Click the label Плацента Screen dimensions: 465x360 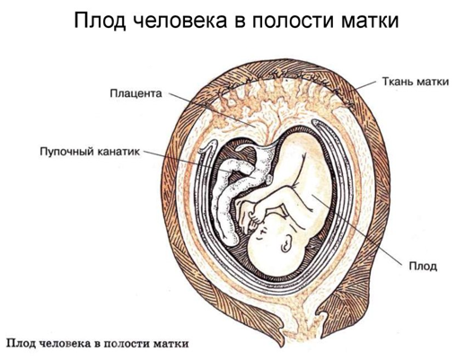coord(136,93)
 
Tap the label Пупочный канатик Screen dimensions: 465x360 coord(90,152)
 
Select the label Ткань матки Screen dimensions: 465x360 coord(416,82)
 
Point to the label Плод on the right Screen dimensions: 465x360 coord(423,266)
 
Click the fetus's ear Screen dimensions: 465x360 coord(286,242)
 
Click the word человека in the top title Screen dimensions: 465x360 coord(179,21)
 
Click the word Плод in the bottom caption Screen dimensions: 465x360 coord(20,343)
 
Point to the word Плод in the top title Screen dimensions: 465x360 coord(100,21)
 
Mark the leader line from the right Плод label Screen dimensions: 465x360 coord(356,230)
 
